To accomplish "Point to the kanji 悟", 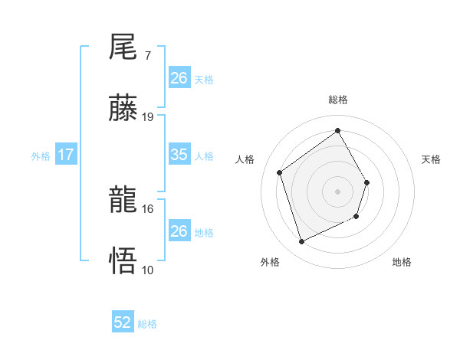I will coord(123,261).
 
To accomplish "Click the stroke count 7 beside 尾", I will coord(147,57).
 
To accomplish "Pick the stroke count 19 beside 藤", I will coord(148,117).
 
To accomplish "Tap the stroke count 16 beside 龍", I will coord(148,208).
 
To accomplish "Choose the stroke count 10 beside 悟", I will coord(148,270).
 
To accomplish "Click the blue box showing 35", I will coord(179,155).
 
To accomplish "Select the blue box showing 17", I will coord(66,155).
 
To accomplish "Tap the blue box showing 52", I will coord(123,322).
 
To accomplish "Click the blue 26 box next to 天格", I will coord(179,78).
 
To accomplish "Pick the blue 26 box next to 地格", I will coord(179,231).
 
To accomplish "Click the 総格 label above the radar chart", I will coord(338,100).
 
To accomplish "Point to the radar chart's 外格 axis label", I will coord(270,262).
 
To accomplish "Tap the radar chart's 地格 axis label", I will coord(402,262).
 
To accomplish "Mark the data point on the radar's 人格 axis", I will coord(280,172).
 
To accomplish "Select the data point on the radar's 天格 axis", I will coord(367,182).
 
